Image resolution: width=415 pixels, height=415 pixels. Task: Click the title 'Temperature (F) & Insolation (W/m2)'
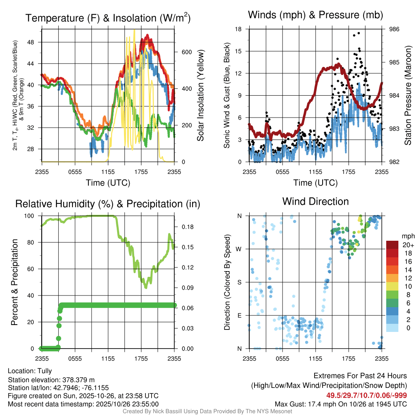pos(108,18)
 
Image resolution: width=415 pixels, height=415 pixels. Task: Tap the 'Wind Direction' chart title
pos(315,201)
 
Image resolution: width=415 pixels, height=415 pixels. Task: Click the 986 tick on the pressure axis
pos(394,29)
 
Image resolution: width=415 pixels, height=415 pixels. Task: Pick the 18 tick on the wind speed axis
pos(239,29)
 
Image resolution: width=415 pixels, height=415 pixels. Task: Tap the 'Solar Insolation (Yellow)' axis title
pos(200,96)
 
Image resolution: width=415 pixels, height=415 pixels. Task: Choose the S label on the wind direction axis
pos(240,282)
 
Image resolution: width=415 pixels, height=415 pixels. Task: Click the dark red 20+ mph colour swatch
pos(393,245)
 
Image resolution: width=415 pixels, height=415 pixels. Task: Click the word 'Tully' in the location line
pos(45,371)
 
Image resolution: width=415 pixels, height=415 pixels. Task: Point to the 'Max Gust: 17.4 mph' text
pos(306,404)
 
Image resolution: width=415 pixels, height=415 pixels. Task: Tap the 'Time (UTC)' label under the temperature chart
pos(108,183)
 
